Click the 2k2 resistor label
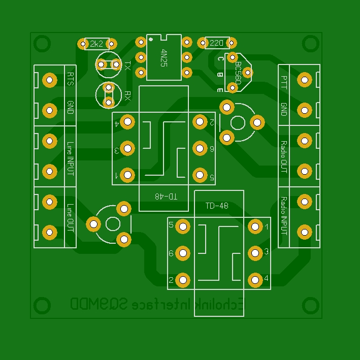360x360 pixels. (x=97, y=44)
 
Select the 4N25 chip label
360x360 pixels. (x=163, y=58)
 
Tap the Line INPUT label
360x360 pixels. (x=70, y=158)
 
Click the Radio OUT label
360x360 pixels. (x=284, y=157)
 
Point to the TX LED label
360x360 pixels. (x=127, y=66)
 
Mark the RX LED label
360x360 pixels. (x=127, y=95)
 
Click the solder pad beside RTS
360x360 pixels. (x=49, y=80)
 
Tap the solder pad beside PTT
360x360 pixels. (x=304, y=79)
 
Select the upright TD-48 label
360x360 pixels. (x=217, y=206)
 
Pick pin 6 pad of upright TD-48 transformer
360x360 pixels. (x=183, y=253)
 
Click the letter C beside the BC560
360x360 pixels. (x=220, y=59)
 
